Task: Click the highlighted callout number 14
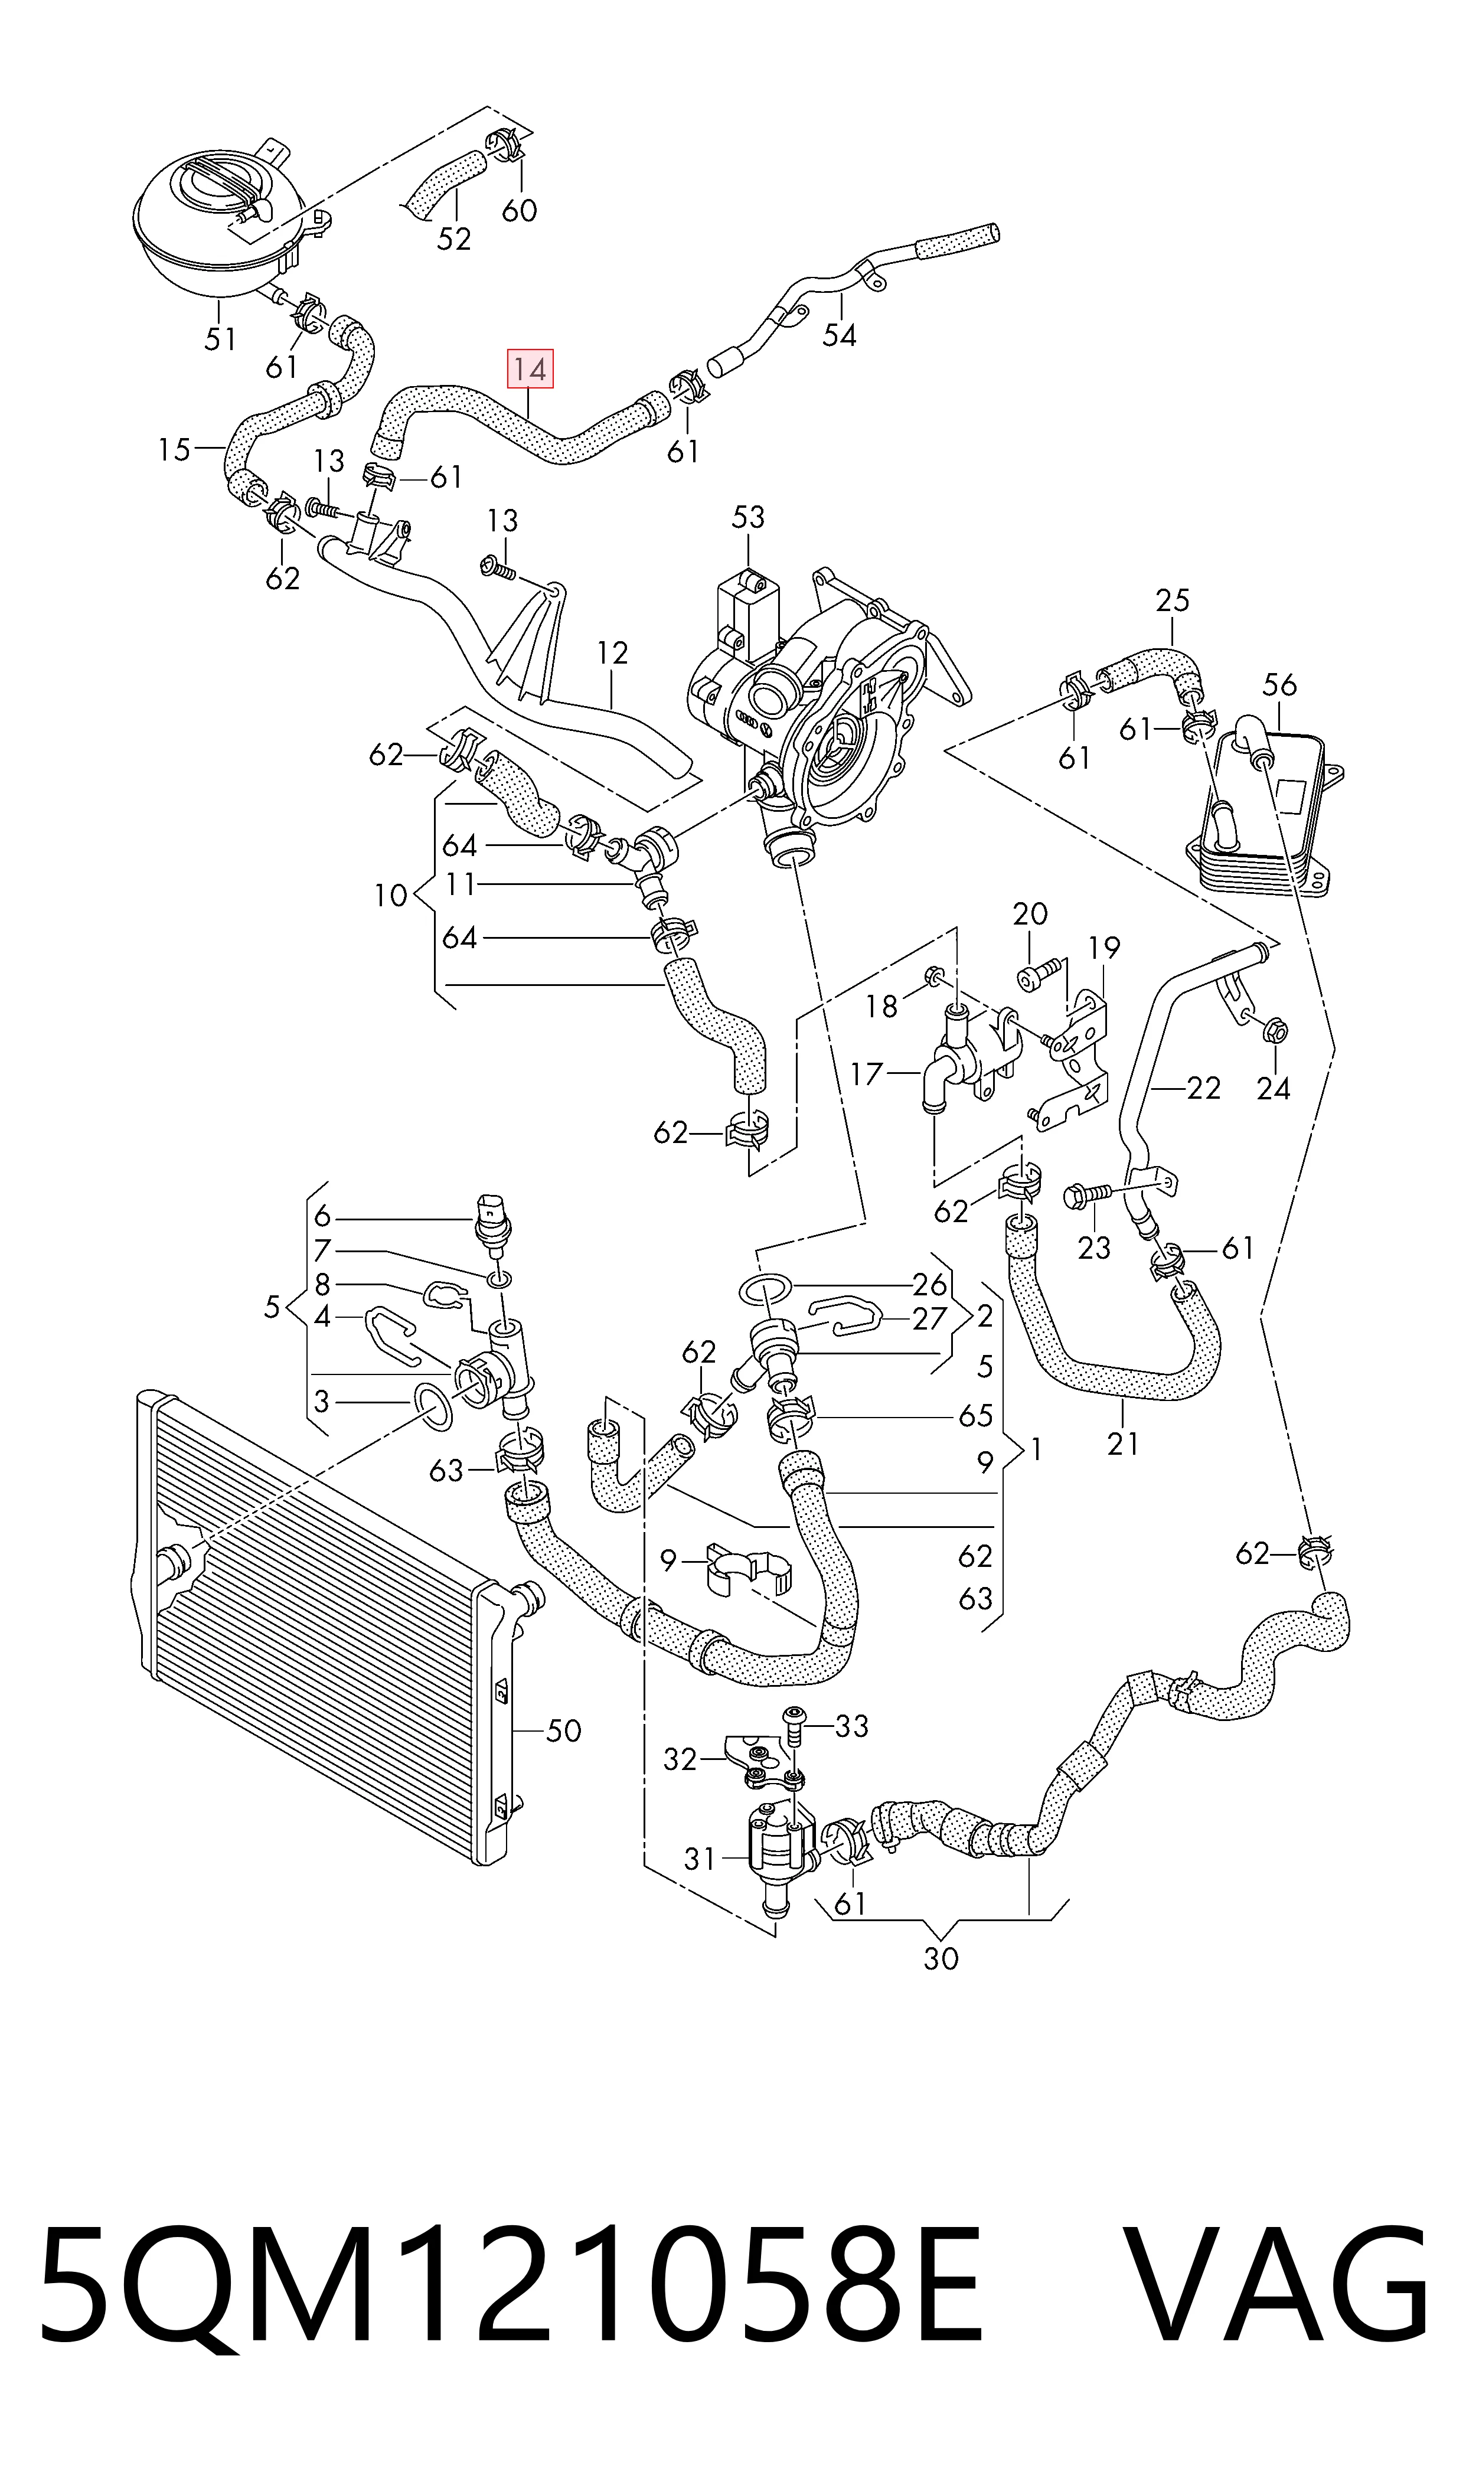pyautogui.click(x=530, y=370)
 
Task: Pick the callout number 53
pyautogui.click(x=748, y=518)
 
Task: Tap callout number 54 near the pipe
pyautogui.click(x=839, y=336)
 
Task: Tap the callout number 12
pyautogui.click(x=612, y=653)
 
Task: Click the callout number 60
pyautogui.click(x=520, y=210)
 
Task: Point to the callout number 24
pyautogui.click(x=1274, y=1089)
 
